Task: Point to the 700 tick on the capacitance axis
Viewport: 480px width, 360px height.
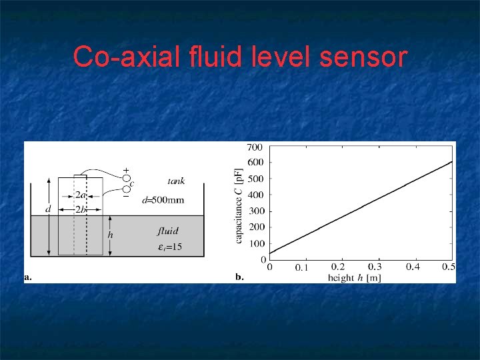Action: pyautogui.click(x=255, y=147)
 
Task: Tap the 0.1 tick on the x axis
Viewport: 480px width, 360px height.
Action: pyautogui.click(x=302, y=268)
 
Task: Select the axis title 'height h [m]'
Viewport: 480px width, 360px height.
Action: pyautogui.click(x=353, y=277)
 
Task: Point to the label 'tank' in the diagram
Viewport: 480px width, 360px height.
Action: pyautogui.click(x=176, y=181)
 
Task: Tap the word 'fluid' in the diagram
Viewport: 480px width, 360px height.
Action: pyautogui.click(x=168, y=231)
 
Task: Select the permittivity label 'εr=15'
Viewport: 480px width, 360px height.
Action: pyautogui.click(x=169, y=248)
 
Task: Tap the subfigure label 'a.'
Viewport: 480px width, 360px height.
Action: pyautogui.click(x=29, y=277)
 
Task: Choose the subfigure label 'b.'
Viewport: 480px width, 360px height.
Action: pyautogui.click(x=240, y=277)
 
